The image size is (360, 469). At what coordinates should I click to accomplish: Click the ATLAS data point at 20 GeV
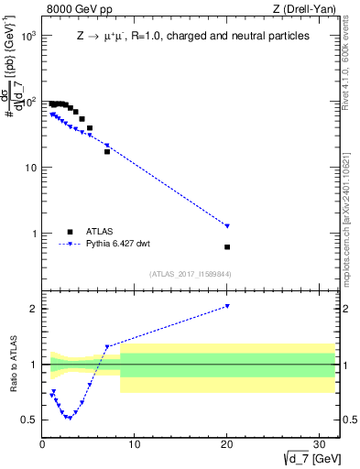click(x=227, y=246)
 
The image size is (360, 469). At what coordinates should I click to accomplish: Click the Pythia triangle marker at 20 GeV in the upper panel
click(x=227, y=225)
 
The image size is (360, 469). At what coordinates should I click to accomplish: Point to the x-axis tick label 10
click(x=135, y=445)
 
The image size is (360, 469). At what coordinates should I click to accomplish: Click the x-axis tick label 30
click(x=319, y=445)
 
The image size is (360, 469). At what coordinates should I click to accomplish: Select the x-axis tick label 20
click(x=227, y=445)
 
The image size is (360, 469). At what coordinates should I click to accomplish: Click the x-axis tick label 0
click(x=43, y=445)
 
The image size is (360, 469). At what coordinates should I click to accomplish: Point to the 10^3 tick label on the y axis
click(x=28, y=36)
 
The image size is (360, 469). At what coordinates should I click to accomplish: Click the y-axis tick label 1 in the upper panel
click(x=34, y=234)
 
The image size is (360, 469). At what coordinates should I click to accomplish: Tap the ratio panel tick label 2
click(x=34, y=309)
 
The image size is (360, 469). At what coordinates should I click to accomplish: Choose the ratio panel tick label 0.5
click(x=29, y=420)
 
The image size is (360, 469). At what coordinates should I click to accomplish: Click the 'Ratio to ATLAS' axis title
click(x=14, y=365)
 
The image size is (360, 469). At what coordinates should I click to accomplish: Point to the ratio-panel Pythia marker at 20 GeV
click(x=227, y=306)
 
